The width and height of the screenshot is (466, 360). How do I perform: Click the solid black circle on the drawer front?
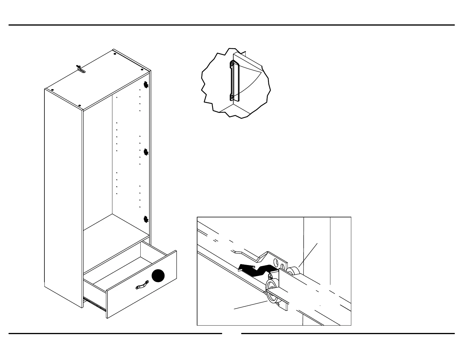pyautogui.click(x=158, y=276)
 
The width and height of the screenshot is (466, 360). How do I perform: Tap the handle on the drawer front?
pyautogui.click(x=142, y=284)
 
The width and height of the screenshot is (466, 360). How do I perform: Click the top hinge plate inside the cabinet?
pyautogui.click(x=145, y=85)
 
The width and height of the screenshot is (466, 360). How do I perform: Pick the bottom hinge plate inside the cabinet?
pyautogui.click(x=146, y=219)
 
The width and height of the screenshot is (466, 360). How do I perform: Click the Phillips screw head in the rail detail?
pyautogui.click(x=270, y=276)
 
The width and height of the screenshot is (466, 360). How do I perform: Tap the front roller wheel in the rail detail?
pyautogui.click(x=271, y=291)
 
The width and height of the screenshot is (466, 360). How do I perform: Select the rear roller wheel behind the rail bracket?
pyautogui.click(x=293, y=271)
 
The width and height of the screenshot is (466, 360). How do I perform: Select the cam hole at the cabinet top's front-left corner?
pyautogui.click(x=52, y=90)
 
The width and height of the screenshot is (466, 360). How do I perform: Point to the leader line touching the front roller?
pyautogui.click(x=250, y=305)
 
